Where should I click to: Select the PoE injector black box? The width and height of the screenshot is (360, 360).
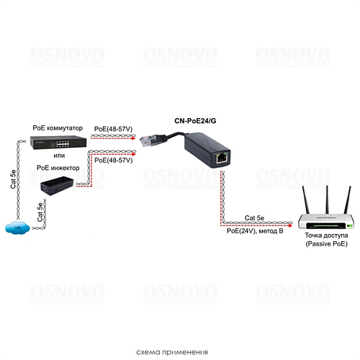tap(58, 185)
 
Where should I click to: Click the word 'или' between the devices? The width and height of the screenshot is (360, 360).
tap(59, 155)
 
